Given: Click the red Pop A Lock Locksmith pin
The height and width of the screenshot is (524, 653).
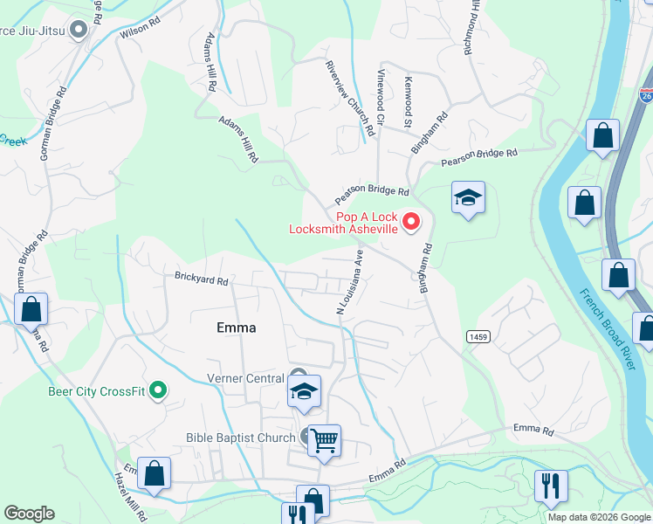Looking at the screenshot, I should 412,222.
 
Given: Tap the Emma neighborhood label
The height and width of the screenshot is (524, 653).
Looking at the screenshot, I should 236,327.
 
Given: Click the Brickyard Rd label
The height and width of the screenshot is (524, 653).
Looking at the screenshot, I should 201,281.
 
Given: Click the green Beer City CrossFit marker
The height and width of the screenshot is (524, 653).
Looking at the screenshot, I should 158,390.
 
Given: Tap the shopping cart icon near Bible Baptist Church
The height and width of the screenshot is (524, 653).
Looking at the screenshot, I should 324,440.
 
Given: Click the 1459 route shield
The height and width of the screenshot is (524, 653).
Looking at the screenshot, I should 478,335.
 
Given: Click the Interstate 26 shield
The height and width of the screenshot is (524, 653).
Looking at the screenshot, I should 646,93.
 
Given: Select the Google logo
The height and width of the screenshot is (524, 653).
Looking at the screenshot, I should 29,514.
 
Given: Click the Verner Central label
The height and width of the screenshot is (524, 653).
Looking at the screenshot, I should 245,378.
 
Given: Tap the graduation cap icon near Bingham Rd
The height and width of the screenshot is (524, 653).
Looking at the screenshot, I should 468,198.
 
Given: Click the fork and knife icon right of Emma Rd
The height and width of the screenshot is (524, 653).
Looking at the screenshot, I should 551,485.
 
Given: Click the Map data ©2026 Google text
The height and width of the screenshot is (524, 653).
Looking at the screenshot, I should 599,517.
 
